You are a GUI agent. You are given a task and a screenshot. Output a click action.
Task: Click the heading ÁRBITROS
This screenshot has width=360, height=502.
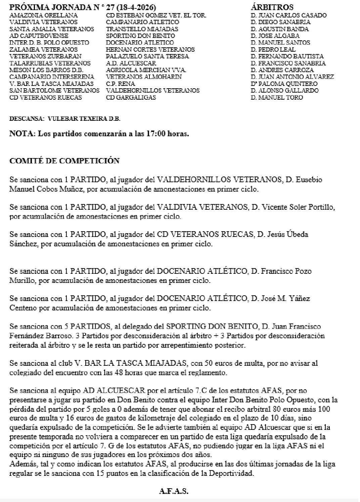click(272, 7)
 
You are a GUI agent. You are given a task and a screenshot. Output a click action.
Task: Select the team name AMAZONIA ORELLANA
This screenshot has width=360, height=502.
click(44, 15)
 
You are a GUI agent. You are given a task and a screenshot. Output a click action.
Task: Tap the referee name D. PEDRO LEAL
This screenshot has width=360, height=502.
click(273, 50)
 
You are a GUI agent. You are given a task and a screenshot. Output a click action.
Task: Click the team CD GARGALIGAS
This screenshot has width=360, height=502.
click(131, 98)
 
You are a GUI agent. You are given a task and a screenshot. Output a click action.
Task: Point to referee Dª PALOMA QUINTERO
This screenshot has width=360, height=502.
click(284, 84)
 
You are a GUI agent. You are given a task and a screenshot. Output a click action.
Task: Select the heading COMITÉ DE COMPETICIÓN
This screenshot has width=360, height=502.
click(64, 161)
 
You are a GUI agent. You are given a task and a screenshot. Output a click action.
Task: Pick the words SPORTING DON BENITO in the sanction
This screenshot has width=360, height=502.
click(212, 326)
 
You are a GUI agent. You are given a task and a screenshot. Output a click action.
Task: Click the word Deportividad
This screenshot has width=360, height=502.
click(232, 473)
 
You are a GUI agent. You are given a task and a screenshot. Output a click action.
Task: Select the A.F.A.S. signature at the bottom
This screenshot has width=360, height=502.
click(173, 492)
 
